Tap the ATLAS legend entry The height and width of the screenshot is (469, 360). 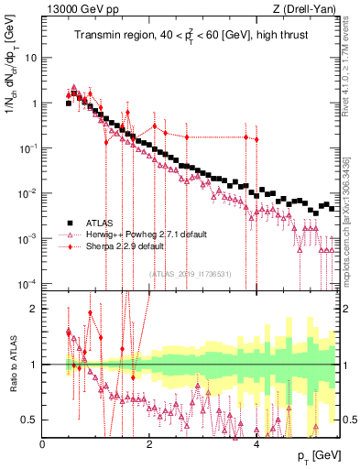point(98,223)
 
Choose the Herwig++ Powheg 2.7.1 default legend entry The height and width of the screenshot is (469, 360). point(133,234)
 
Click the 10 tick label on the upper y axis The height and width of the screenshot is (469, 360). point(30,58)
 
